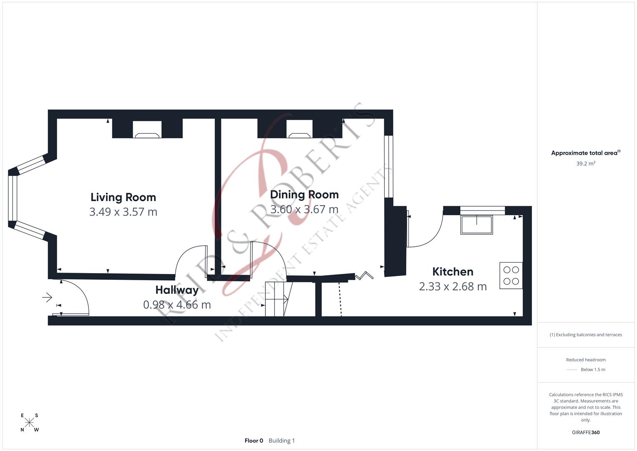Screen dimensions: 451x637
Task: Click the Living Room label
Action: coord(123,197)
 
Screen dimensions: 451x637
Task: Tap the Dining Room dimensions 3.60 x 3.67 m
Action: coord(304,209)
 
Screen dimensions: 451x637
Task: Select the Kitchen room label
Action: coord(453,272)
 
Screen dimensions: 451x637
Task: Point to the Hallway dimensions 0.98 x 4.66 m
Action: coord(177,305)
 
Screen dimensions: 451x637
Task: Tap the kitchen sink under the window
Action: coord(476,225)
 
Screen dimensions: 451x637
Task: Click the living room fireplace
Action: coord(147,130)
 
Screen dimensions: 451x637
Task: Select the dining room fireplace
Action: coord(300,130)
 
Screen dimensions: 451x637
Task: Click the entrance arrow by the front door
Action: coord(47,298)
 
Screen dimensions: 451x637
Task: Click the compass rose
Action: coord(29,423)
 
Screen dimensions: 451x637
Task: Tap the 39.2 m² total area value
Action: coord(586,164)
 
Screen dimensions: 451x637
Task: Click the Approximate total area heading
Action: coord(585,153)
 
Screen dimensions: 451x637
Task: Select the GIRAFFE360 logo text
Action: coord(586,433)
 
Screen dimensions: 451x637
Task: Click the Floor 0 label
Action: coord(254,441)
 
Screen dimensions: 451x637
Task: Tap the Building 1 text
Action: coord(282,441)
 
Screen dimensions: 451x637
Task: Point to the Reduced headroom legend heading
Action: coord(586,360)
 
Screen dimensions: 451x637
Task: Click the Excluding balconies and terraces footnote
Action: coord(586,335)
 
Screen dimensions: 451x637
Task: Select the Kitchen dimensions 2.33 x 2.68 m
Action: coord(453,287)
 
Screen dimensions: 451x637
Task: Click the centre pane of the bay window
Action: coord(13,198)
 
